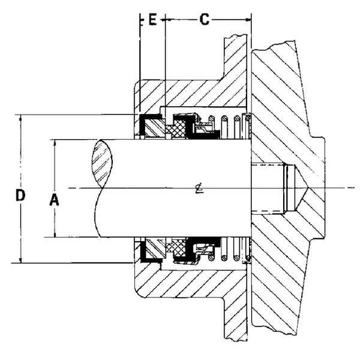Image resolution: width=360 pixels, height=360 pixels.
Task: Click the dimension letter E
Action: (x=152, y=20)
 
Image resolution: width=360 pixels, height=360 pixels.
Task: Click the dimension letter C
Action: (x=204, y=20)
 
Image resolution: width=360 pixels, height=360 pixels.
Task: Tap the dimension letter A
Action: (x=54, y=199)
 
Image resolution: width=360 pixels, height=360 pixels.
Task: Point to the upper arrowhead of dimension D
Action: (x=21, y=118)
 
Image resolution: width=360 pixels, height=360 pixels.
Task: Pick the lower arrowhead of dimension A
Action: (x=54, y=234)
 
